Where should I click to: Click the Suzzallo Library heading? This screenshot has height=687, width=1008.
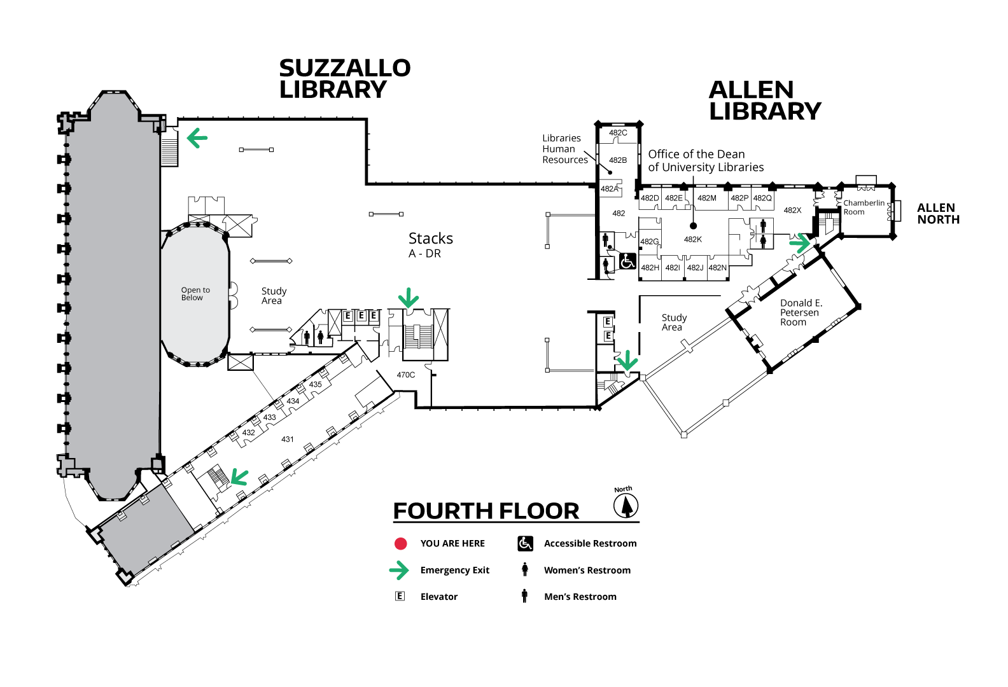tap(345, 79)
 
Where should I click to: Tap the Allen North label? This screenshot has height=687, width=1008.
tap(938, 214)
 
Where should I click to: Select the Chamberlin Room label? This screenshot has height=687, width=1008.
tap(864, 207)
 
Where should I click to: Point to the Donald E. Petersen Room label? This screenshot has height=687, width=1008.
tap(801, 312)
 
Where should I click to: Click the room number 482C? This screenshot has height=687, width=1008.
tap(618, 133)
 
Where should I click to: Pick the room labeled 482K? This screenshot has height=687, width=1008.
tap(692, 239)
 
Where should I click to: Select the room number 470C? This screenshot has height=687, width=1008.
tap(405, 375)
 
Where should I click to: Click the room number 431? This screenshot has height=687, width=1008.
tap(287, 439)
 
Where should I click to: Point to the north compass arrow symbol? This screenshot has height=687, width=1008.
tap(626, 506)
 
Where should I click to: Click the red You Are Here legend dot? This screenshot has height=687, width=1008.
tap(400, 544)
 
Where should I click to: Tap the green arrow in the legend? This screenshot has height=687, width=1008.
tap(399, 571)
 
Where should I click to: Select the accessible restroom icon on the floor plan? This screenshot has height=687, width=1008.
tap(627, 261)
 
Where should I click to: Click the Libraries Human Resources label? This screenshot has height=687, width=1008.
tap(564, 149)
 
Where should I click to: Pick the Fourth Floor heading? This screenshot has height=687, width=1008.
tap(486, 511)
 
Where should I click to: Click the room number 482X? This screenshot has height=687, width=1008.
tap(792, 210)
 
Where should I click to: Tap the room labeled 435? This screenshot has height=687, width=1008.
tap(315, 384)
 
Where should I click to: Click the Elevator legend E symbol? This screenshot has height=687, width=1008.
tap(400, 596)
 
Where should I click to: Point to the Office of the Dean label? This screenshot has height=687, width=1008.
tap(706, 160)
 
